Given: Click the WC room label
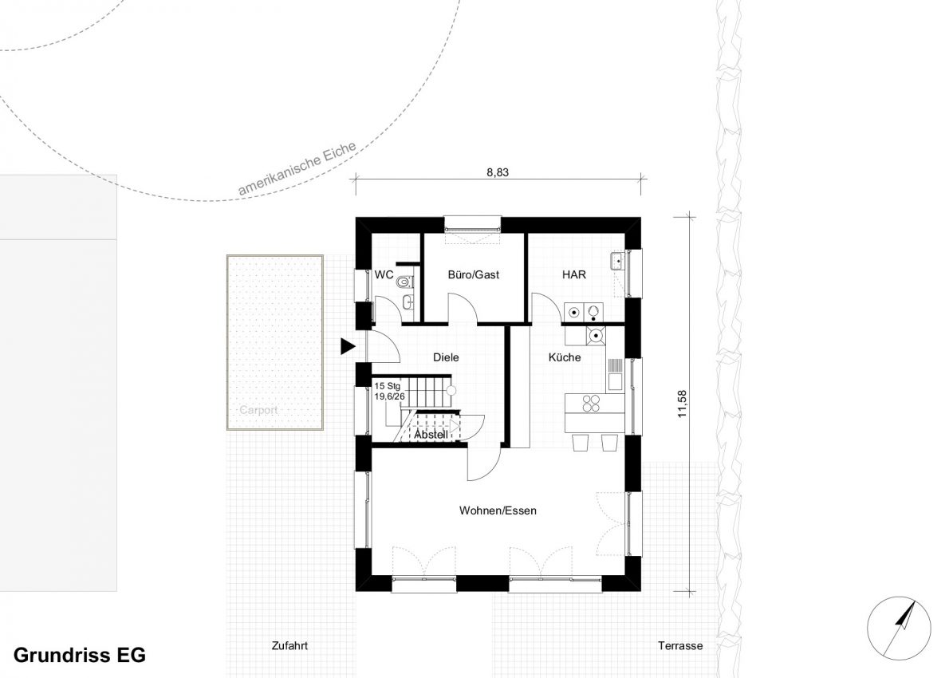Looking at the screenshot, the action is click(384, 275).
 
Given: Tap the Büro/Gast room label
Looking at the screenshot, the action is click(473, 275).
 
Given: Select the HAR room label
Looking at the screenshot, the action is click(573, 275).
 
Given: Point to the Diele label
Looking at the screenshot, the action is click(446, 357).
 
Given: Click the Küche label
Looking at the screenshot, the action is click(565, 357).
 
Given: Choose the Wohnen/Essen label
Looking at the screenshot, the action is click(498, 510).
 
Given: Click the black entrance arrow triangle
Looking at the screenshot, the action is click(347, 346).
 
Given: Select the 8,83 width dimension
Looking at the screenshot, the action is click(498, 172).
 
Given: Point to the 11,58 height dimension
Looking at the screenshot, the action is click(683, 404).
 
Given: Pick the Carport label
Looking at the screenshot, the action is click(258, 410).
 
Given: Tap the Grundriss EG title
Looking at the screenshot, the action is click(79, 655).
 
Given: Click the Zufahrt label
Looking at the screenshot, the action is click(289, 646).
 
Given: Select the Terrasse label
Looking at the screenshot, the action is click(680, 646).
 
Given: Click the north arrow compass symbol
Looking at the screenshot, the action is click(899, 629).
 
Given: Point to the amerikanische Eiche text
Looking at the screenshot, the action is click(297, 169).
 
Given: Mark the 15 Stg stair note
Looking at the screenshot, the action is click(388, 385).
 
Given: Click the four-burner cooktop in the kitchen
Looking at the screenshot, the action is click(591, 403).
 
